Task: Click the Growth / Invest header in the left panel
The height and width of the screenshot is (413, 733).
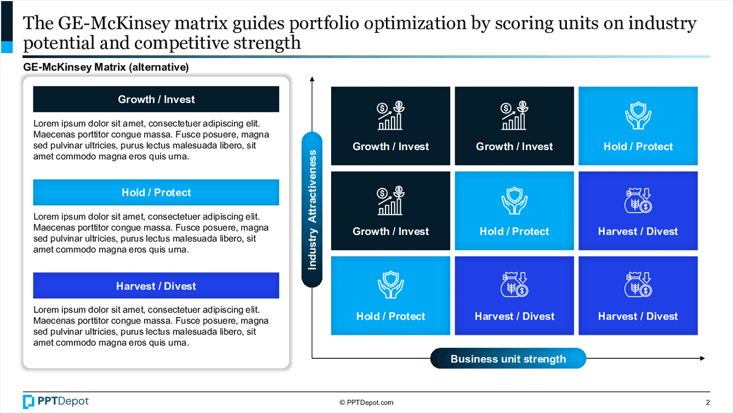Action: (156, 99)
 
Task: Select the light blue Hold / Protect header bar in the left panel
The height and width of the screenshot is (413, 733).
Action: (156, 192)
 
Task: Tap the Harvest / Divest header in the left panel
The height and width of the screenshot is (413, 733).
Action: (156, 286)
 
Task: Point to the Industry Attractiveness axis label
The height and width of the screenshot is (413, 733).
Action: (312, 209)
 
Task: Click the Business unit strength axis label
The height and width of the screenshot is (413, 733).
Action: (508, 359)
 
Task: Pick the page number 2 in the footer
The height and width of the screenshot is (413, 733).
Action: (707, 402)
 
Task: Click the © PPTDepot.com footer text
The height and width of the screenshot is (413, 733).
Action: (366, 402)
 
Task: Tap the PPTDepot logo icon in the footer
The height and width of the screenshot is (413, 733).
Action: (29, 401)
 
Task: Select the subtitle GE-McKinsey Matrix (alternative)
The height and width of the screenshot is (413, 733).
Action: (106, 67)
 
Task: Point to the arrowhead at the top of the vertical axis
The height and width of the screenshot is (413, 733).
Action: (312, 79)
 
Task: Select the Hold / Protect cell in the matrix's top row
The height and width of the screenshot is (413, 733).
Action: (638, 126)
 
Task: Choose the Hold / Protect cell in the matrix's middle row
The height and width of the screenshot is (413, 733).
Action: (514, 210)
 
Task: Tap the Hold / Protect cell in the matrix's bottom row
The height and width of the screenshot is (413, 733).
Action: (391, 295)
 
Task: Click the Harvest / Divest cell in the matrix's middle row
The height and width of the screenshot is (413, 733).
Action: (638, 210)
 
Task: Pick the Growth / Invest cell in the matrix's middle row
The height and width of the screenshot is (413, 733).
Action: (391, 210)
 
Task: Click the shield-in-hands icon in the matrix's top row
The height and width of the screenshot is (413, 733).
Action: (638, 116)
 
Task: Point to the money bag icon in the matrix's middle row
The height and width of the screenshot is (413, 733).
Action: (638, 201)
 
